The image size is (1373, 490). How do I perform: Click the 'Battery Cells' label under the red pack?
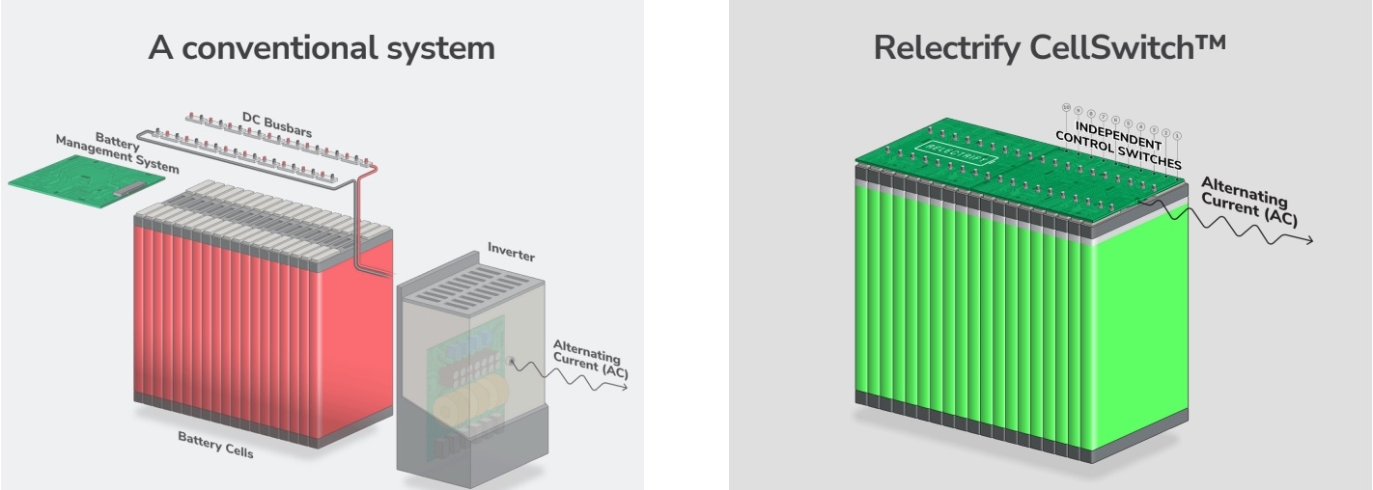coord(215,445)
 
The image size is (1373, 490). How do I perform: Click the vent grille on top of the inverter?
coord(463,287)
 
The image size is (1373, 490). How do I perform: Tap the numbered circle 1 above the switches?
coord(1177,135)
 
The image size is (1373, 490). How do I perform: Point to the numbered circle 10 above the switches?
coord(1066,107)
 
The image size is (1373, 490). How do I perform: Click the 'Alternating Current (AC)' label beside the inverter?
coord(590,359)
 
